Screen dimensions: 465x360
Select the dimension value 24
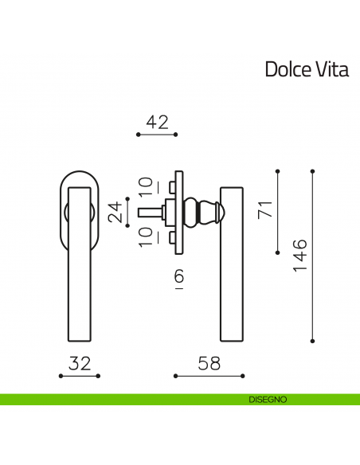[x=117, y=212]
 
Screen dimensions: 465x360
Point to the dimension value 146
[x=299, y=255]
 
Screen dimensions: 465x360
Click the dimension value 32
[x=80, y=363]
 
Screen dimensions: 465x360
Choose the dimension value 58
[x=209, y=363]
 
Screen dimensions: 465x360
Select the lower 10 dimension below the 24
[x=144, y=237]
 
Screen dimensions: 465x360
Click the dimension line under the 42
[x=157, y=135]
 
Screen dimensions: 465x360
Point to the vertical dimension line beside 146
[x=312, y=255]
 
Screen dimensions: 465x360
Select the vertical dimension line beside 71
[x=277, y=212]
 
